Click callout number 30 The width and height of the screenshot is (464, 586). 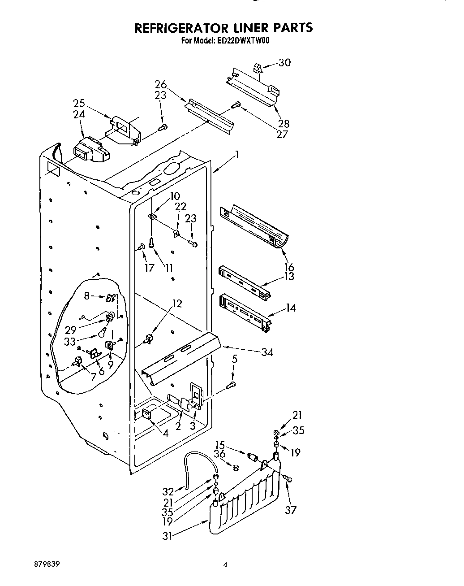(x=284, y=63)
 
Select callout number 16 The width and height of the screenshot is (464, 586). (x=289, y=268)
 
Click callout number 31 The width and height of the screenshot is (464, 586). (x=167, y=535)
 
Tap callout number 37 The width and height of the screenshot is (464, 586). (x=291, y=509)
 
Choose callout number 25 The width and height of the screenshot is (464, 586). (x=79, y=104)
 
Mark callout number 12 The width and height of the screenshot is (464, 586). (x=177, y=304)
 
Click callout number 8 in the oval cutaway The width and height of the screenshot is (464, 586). (x=86, y=295)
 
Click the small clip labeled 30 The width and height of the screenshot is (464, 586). (x=257, y=68)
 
